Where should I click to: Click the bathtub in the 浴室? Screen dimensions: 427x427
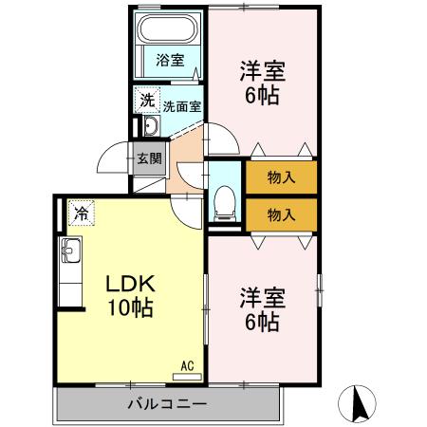coord(169,29)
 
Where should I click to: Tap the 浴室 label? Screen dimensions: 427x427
coord(170,60)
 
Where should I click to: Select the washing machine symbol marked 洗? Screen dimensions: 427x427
coord(147,100)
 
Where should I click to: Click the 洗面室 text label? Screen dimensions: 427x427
coord(182,106)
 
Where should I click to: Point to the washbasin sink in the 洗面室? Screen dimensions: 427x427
coord(151,126)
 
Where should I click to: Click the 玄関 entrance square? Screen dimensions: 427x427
coord(149,158)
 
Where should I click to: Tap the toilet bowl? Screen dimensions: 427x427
coord(225,203)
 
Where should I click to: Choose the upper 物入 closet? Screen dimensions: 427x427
coord(282,177)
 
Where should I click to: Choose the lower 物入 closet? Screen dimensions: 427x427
coord(282,215)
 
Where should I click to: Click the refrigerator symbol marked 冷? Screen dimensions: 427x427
coord(82,213)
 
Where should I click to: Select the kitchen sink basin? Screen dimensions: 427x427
coord(71,251)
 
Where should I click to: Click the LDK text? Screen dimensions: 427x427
coord(130,284)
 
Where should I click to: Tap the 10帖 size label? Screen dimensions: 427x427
coord(131,307)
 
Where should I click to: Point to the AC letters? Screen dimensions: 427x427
coord(187,366)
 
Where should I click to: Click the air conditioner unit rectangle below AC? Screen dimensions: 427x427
coord(187,377)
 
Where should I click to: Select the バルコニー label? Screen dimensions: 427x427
coord(168,404)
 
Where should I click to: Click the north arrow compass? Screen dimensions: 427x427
coord(357,404)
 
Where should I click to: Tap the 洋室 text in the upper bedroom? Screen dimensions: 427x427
coord(263,71)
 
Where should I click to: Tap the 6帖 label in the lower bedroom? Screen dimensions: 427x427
coord(263,322)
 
